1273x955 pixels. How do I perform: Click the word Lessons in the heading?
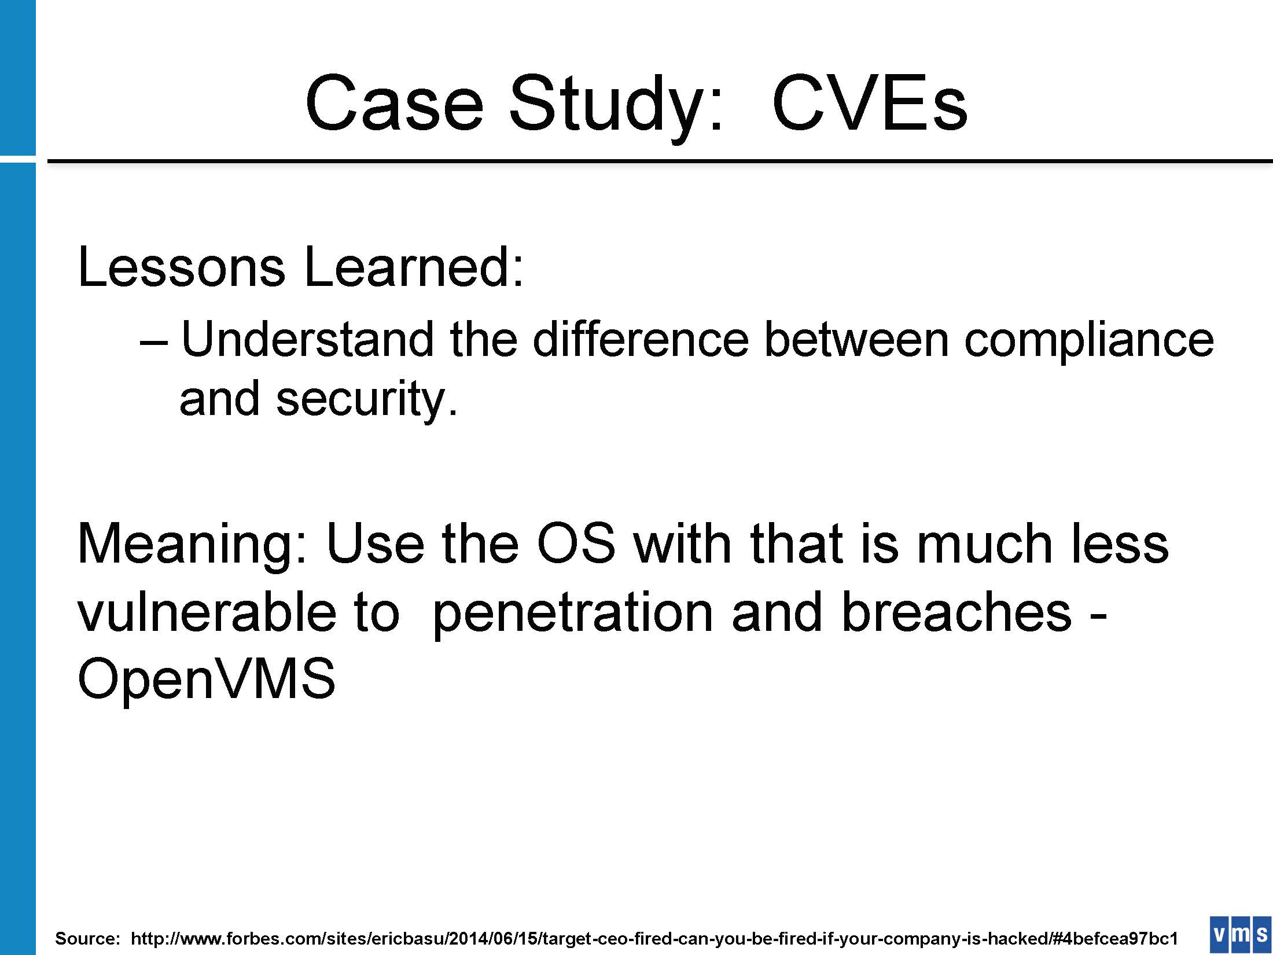182,267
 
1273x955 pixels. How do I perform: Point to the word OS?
576,543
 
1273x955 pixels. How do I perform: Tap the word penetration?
572,616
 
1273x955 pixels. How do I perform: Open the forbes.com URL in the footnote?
654,938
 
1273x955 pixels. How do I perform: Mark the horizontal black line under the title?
660,160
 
